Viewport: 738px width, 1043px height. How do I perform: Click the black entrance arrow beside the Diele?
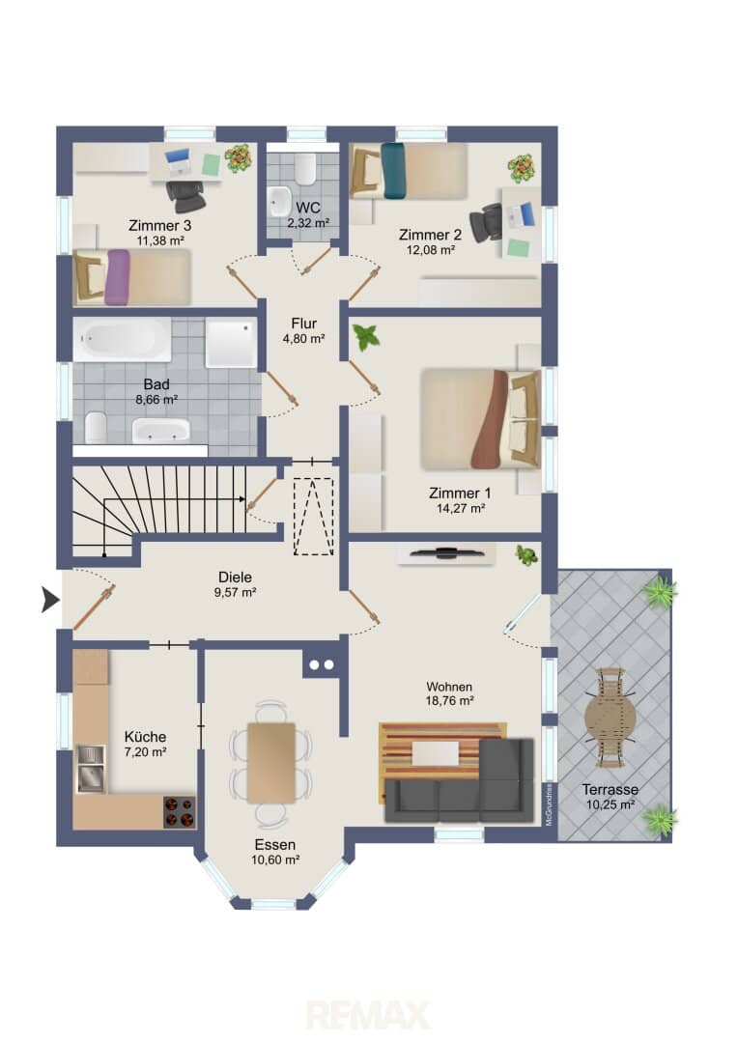[50, 600]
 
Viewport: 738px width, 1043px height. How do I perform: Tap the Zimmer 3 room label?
[159, 225]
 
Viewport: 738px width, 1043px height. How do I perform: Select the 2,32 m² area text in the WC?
[308, 223]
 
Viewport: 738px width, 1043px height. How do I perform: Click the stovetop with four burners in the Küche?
[180, 811]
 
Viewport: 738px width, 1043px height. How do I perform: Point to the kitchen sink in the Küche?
[91, 769]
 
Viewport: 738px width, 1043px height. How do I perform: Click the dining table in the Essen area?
[270, 762]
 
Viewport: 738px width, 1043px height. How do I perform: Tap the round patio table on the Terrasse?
[610, 718]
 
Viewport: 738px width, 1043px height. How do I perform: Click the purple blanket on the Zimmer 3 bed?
[117, 277]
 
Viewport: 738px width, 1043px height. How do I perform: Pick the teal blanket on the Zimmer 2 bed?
[393, 171]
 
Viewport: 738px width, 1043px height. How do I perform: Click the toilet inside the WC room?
[306, 170]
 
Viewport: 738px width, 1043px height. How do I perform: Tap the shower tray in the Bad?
[231, 343]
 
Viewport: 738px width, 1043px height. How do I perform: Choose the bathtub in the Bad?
[122, 339]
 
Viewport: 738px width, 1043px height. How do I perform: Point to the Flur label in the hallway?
[303, 324]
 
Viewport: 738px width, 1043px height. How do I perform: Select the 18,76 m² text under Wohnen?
[450, 700]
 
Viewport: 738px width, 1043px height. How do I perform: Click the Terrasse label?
[610, 790]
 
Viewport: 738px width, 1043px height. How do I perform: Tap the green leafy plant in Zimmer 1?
[366, 337]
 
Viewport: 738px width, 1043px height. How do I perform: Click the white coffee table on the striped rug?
[436, 753]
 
